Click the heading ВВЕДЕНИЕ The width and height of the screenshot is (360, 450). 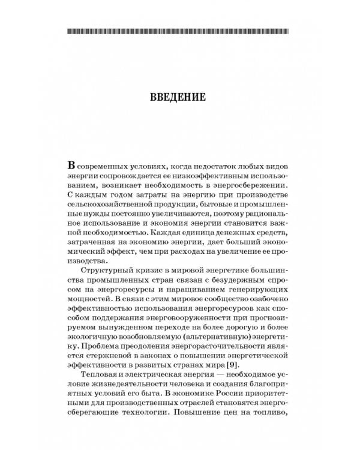pyautogui.click(x=179, y=96)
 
